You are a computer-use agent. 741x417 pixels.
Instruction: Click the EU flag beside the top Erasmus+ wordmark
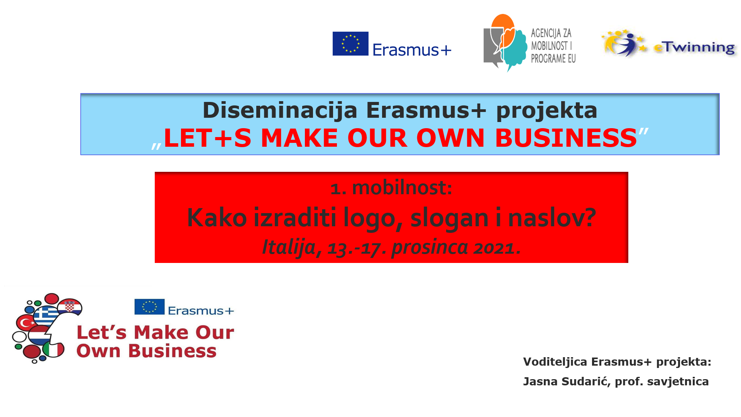pyautogui.click(x=350, y=44)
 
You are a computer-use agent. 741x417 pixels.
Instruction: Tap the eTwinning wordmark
pyautogui.click(x=694, y=47)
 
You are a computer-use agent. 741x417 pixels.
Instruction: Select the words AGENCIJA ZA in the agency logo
pyautogui.click(x=551, y=33)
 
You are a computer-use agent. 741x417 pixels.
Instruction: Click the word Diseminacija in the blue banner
pyautogui.click(x=280, y=110)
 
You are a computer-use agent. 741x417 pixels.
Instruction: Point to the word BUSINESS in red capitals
pyautogui.click(x=566, y=138)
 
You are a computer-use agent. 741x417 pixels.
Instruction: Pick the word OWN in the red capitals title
pyautogui.click(x=450, y=138)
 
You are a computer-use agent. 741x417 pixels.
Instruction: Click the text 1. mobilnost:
pyautogui.click(x=391, y=188)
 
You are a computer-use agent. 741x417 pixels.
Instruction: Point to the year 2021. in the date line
pyautogui.click(x=497, y=247)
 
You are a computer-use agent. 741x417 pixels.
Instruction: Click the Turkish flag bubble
pyautogui.click(x=26, y=322)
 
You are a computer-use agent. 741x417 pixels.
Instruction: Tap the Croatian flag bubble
pyautogui.click(x=69, y=307)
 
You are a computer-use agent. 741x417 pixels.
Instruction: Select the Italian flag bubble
pyautogui.click(x=54, y=350)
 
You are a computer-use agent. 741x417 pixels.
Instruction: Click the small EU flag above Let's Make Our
pyautogui.click(x=149, y=307)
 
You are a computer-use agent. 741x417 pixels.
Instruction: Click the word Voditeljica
pyautogui.click(x=555, y=362)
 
